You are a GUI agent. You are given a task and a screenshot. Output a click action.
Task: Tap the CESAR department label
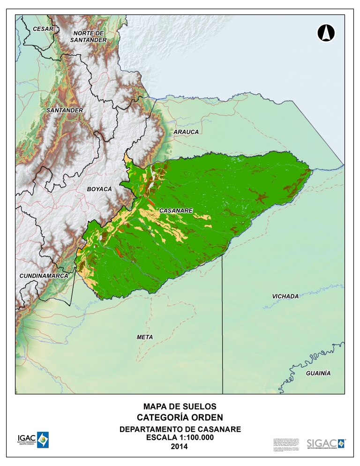point(43,29)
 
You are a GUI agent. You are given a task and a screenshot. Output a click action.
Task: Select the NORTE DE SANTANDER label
point(88,37)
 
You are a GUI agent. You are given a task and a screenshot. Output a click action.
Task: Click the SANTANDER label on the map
point(65,110)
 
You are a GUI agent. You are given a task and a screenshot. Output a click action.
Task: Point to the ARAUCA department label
point(186,132)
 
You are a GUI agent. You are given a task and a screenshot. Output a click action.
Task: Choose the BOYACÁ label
point(99,189)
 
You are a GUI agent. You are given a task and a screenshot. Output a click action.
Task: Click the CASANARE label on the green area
point(176,211)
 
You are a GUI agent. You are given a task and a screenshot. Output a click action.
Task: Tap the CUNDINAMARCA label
point(44,276)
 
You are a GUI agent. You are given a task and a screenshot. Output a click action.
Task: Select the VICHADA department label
point(285,296)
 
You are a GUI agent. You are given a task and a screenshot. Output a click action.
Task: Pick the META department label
point(145,337)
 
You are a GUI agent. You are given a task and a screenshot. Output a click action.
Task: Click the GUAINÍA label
point(318,373)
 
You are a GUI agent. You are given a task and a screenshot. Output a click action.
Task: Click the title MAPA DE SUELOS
point(180,406)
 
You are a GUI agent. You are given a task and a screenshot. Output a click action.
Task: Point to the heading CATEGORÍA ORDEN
point(180,417)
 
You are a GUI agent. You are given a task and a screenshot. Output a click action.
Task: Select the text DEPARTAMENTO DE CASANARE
point(180,429)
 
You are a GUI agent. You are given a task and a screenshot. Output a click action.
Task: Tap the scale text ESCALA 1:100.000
point(180,437)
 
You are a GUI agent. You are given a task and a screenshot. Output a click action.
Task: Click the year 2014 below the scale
point(180,446)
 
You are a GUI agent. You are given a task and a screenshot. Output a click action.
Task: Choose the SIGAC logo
point(326,443)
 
